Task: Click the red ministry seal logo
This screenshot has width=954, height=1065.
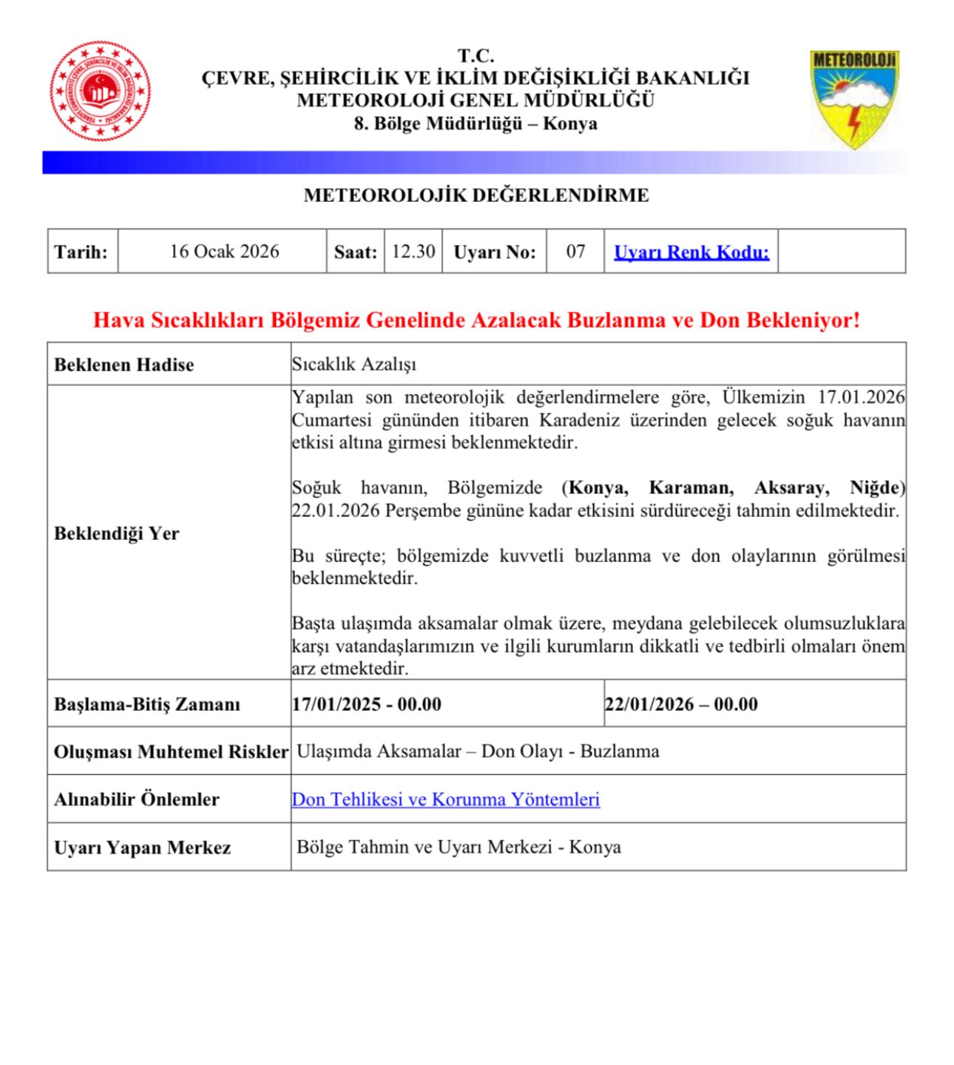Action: coord(101,92)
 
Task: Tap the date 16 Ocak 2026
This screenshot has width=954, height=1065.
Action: coord(224,251)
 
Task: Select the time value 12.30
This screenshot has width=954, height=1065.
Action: coord(413,251)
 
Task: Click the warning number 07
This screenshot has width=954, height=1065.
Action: coord(575,251)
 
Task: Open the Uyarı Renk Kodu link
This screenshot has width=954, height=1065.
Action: coord(691,252)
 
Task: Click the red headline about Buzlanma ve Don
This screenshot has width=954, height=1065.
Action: coord(477,320)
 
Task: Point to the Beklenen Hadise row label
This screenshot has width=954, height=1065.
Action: coord(124,365)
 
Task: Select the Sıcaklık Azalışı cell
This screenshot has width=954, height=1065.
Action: coord(354,365)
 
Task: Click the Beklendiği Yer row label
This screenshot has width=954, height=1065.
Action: coord(117,533)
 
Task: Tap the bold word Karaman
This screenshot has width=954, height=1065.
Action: coord(691,488)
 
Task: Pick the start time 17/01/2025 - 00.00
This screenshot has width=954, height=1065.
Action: coord(367,704)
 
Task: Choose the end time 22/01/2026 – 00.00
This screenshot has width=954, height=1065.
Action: coord(681,704)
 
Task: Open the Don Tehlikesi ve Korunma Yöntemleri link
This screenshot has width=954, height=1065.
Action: coord(446,799)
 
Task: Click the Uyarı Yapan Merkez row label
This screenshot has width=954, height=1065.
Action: coord(143,848)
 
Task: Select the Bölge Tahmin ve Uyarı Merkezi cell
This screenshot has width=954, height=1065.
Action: coord(459,848)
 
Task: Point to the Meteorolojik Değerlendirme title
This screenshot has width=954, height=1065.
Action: coord(476,195)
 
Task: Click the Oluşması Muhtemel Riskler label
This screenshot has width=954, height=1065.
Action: coord(171,752)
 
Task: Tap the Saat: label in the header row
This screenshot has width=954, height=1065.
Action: coord(355,252)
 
